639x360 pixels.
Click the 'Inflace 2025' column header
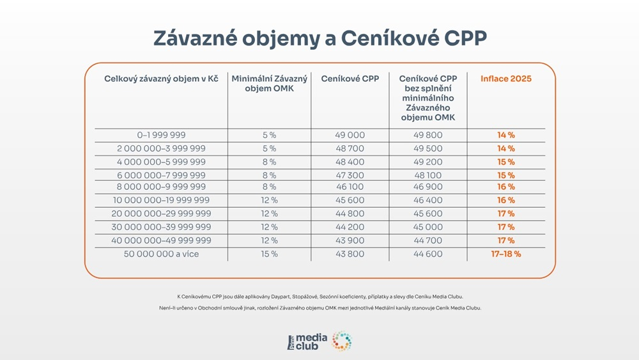tap(506, 79)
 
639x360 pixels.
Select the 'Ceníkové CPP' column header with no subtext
tap(350, 79)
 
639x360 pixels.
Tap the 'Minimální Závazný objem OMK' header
tap(269, 84)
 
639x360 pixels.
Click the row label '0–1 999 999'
tap(161, 135)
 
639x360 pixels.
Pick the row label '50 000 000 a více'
tap(161, 254)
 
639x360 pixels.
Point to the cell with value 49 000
tap(350, 135)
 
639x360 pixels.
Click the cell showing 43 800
tap(350, 254)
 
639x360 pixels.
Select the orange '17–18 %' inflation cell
tap(506, 254)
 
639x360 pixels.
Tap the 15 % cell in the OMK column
tap(269, 254)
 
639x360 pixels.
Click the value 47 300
tap(350, 175)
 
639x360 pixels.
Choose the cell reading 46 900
tap(427, 187)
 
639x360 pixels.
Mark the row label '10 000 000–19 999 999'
tap(161, 200)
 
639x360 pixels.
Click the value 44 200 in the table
tap(350, 227)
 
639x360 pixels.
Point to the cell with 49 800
tap(427, 135)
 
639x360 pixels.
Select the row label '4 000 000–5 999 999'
tap(161, 162)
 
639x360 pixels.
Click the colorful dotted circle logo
tap(342, 341)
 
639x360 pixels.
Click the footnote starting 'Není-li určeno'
tap(319, 308)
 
